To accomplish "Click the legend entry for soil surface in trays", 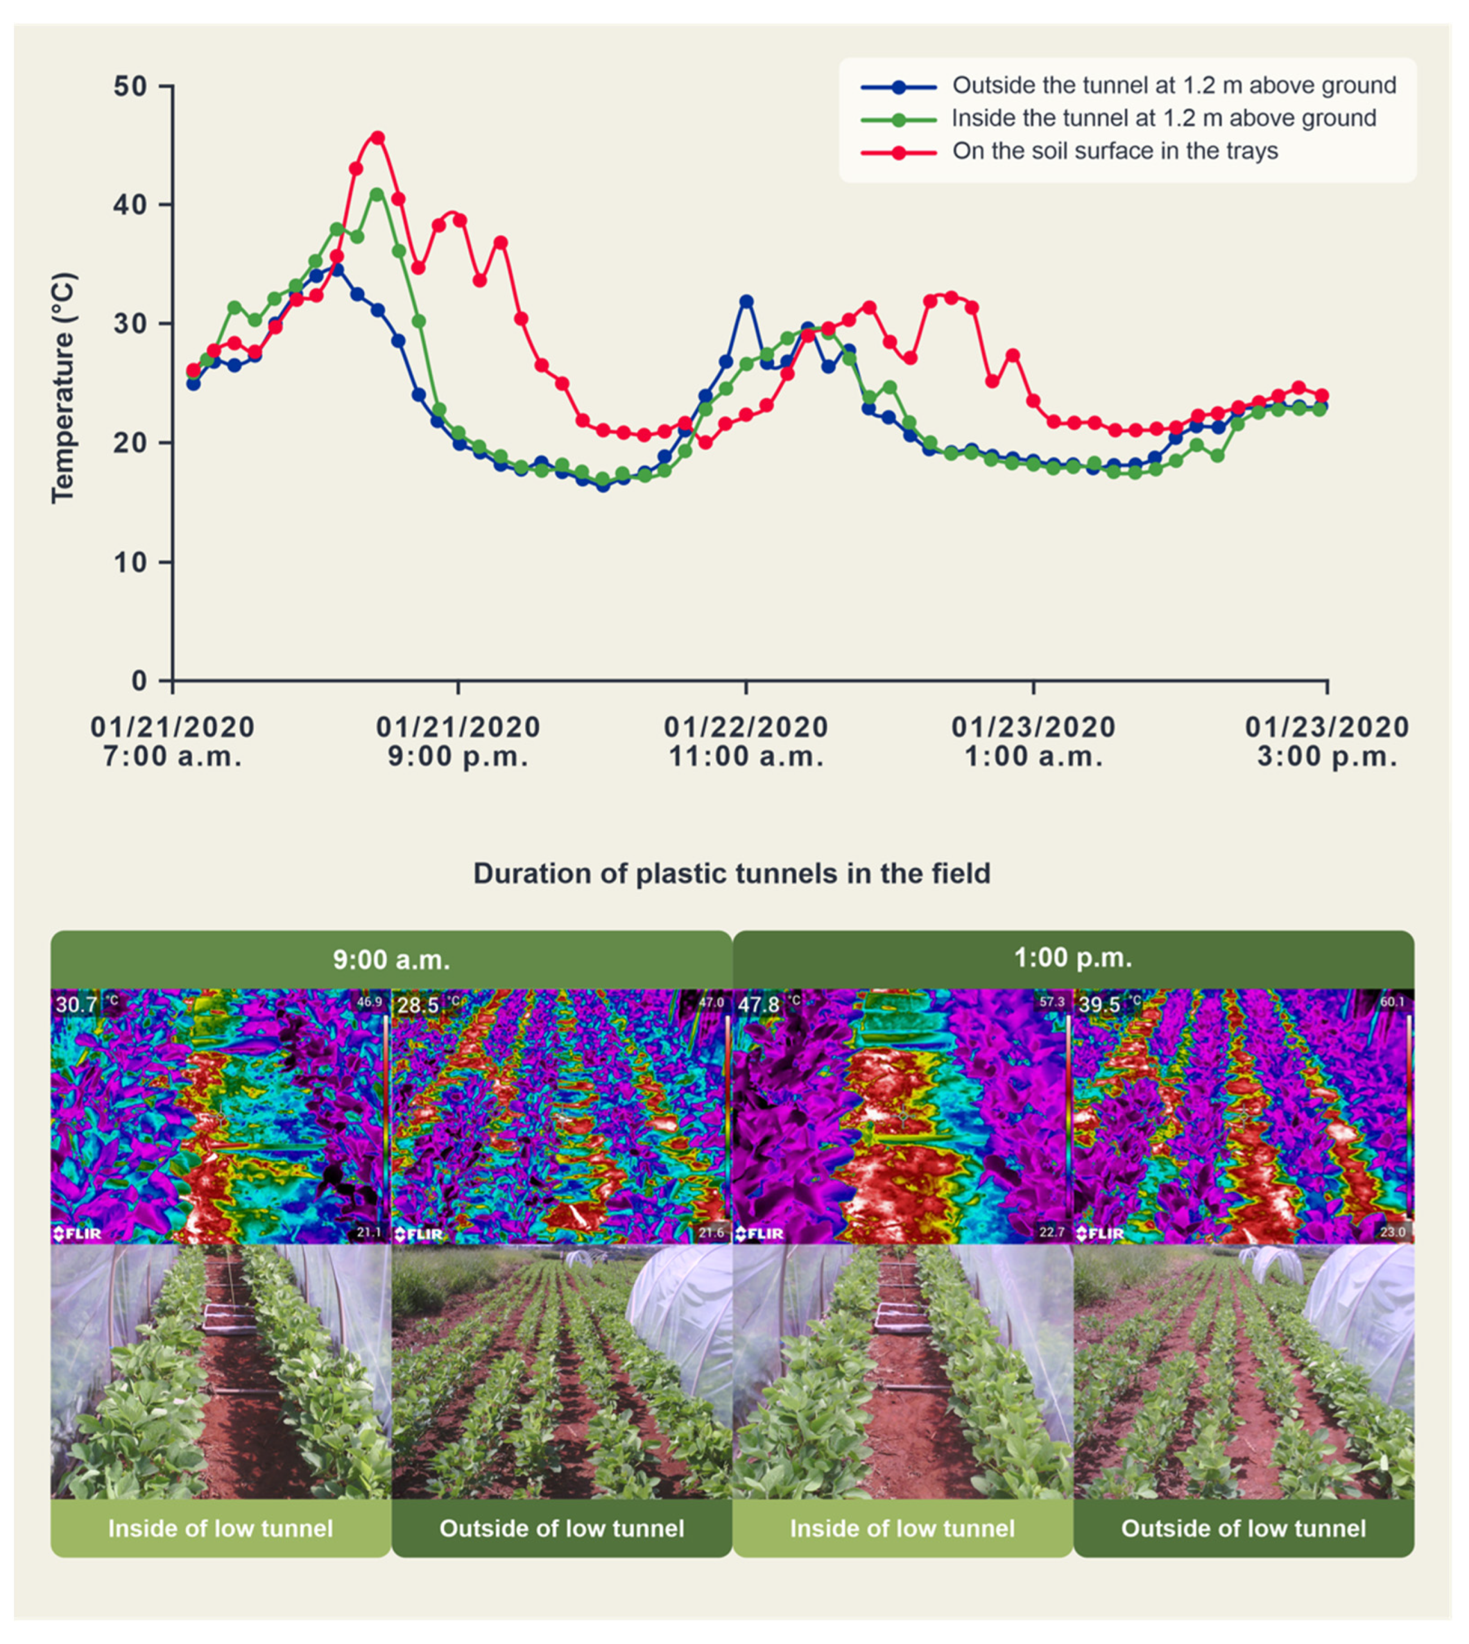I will [1114, 151].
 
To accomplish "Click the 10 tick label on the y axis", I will [129, 563].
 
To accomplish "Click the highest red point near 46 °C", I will [377, 138].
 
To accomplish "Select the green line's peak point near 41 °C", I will [377, 194].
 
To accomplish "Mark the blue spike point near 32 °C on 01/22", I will [746, 302].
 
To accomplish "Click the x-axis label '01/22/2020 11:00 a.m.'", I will [745, 742].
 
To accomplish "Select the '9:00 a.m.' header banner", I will [391, 959].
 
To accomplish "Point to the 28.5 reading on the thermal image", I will [417, 1005].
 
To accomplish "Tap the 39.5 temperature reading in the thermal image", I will [1099, 1005].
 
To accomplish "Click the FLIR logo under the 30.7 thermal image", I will [78, 1233].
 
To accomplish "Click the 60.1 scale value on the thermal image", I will [1392, 1002].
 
